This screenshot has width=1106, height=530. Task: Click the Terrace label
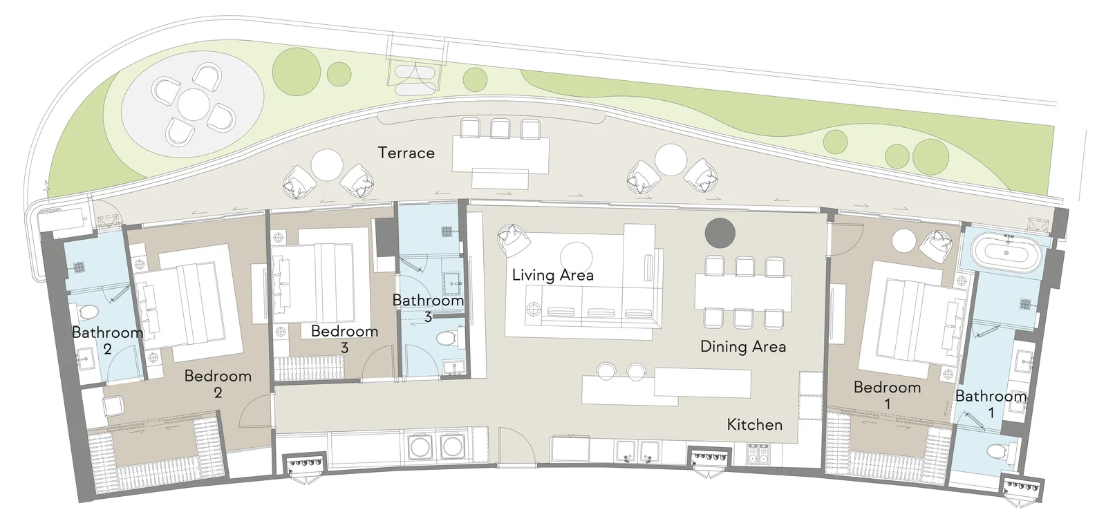click(406, 153)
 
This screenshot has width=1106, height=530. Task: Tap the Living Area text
click(552, 275)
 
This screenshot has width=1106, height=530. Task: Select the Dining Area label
click(743, 346)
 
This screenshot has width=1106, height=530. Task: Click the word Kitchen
click(754, 424)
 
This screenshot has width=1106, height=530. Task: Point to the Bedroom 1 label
click(888, 395)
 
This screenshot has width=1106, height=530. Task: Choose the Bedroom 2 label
click(218, 384)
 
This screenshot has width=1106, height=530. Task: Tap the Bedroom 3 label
click(345, 339)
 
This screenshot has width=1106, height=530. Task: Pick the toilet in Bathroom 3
click(449, 338)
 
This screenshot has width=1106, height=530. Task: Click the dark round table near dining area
click(720, 233)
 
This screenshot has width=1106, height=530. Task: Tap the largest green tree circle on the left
click(297, 72)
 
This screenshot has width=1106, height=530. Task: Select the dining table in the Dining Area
click(743, 292)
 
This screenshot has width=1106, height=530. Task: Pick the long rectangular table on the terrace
click(500, 155)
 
